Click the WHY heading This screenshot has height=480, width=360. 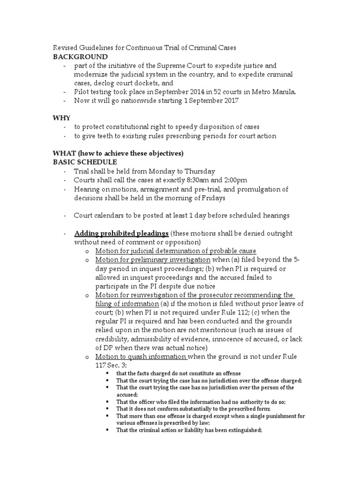[x=60, y=118]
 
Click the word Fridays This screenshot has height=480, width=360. [x=207, y=198]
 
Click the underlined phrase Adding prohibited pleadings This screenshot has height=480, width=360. [x=121, y=233]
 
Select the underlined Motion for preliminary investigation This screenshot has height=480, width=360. [x=153, y=260]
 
